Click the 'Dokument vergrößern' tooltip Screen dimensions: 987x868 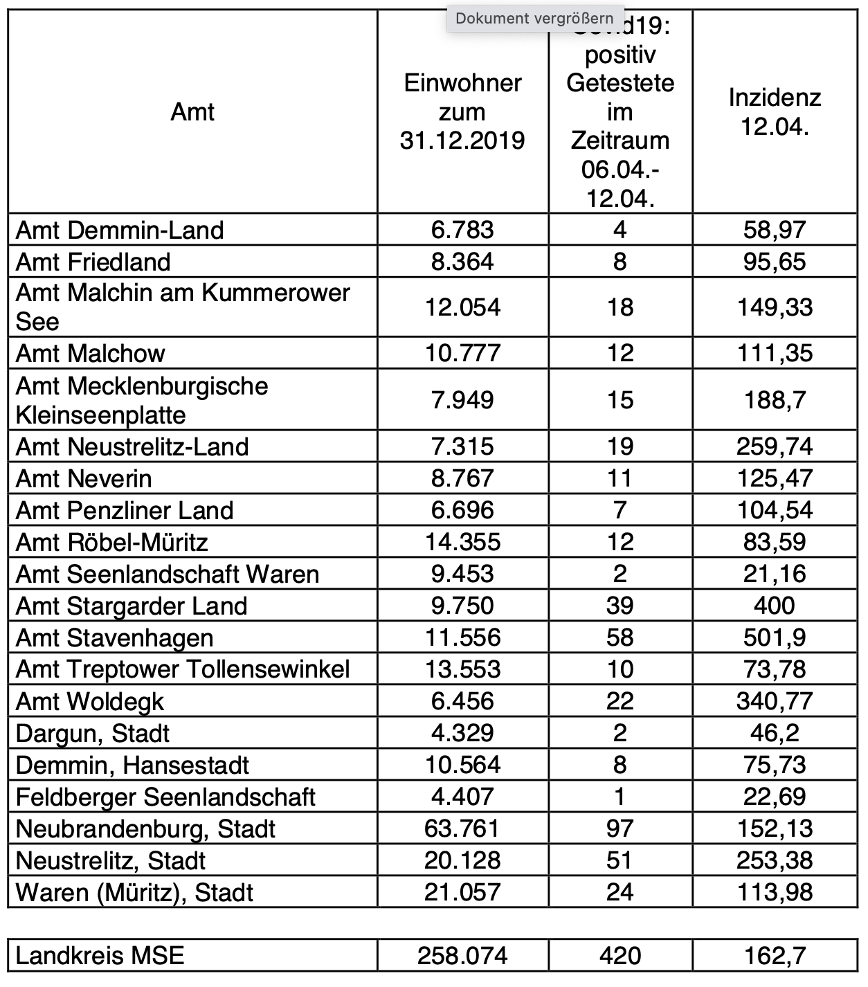(534, 19)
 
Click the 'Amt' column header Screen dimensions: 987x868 (192, 112)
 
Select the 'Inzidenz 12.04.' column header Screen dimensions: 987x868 (775, 112)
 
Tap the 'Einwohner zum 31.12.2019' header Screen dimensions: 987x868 (462, 112)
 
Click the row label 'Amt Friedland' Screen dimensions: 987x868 (93, 262)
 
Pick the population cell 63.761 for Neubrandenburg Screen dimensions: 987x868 (462, 828)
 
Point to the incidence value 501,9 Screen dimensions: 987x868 (775, 637)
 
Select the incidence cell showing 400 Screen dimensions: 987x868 (775, 606)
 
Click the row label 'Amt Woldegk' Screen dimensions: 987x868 (90, 702)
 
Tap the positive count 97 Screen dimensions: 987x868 (620, 828)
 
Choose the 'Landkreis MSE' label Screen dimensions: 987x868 (100, 957)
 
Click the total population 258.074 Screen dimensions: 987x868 (462, 957)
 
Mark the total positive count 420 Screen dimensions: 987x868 (620, 957)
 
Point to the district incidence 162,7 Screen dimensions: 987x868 (775, 957)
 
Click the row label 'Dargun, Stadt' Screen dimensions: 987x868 (93, 734)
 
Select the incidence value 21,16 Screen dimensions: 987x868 (775, 574)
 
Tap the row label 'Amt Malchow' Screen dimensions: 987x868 (91, 354)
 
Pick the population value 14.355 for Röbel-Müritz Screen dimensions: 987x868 (462, 542)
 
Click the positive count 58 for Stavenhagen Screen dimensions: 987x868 (620, 637)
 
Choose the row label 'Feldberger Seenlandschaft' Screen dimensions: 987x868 (166, 797)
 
